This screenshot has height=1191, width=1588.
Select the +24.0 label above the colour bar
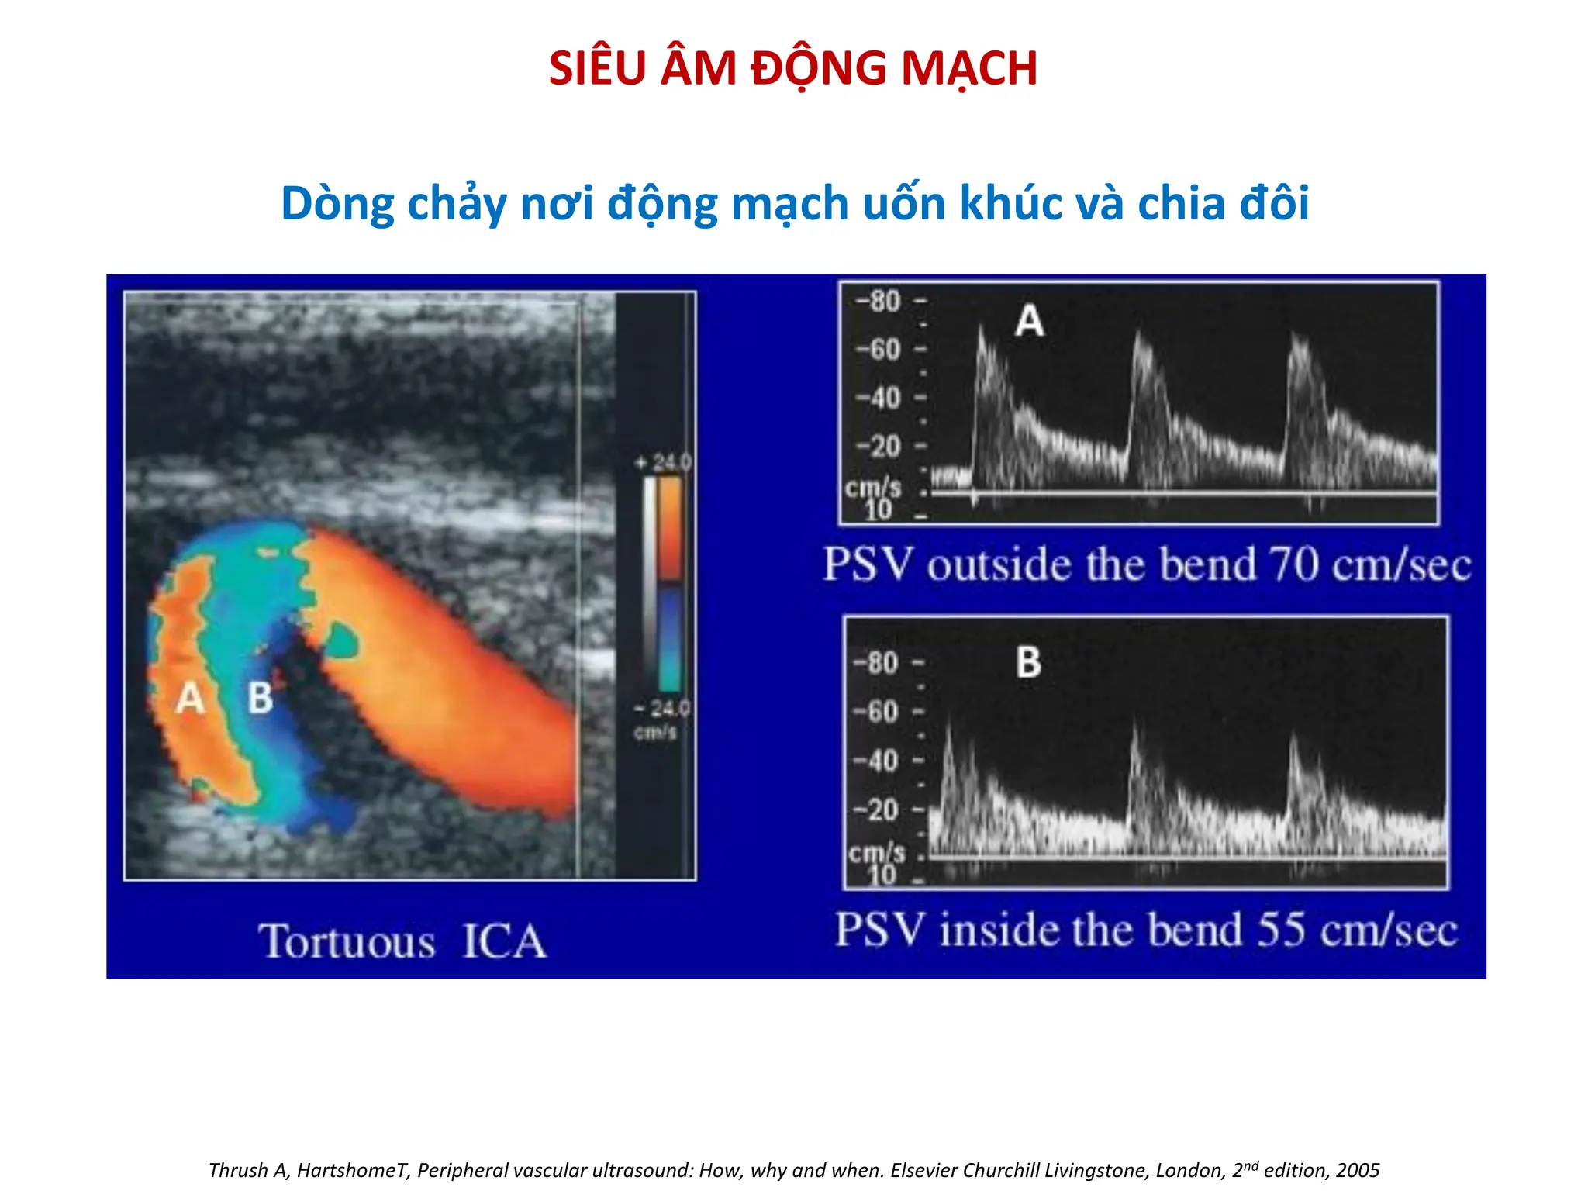[664, 463]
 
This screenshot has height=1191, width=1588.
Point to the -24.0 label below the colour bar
[661, 708]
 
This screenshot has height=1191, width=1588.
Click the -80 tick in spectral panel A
[878, 301]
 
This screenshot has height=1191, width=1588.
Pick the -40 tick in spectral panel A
[878, 398]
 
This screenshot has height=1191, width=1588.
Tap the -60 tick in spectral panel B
[875, 711]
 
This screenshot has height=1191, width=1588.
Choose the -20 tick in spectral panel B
[875, 810]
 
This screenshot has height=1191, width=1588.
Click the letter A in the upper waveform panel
[1029, 320]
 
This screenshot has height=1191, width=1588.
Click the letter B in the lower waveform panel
[1028, 663]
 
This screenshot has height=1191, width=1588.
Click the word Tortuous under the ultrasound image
[347, 941]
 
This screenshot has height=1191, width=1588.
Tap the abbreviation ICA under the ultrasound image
[504, 941]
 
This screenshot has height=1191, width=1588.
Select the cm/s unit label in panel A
[873, 488]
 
